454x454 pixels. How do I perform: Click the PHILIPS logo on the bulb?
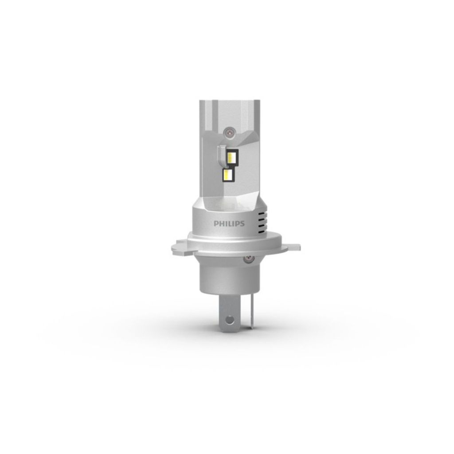coord(229,223)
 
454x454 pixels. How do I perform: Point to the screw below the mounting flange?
coord(249,258)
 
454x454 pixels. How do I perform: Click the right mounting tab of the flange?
coord(290,246)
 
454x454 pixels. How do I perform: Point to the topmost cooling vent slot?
coord(262,213)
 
